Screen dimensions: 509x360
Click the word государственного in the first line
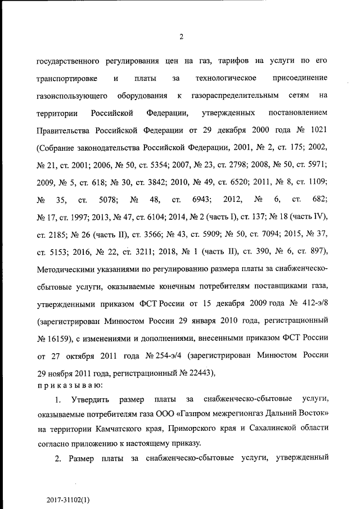point(69,60)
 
